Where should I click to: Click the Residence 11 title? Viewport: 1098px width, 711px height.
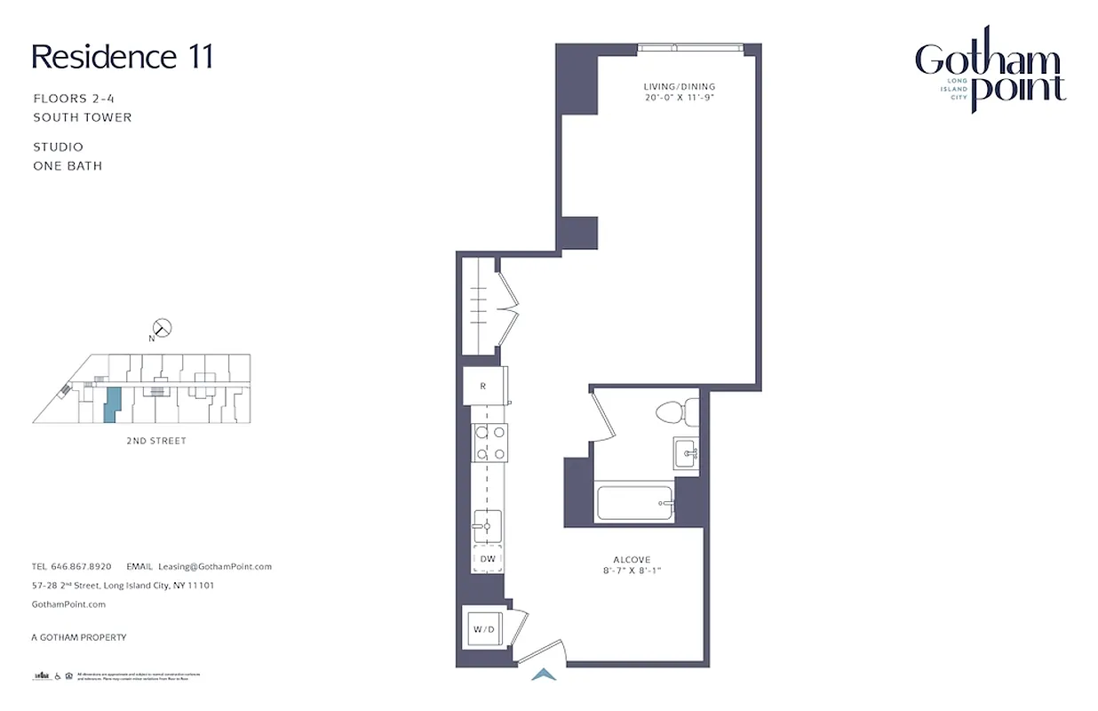tap(123, 57)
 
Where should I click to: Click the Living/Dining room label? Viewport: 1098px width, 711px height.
tap(680, 86)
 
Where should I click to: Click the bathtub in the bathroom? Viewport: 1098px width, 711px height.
tap(634, 503)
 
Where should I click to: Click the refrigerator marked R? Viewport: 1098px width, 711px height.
tap(483, 387)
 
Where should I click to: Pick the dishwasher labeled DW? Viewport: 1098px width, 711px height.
tap(487, 558)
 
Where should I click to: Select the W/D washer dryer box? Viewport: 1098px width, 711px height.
tap(484, 629)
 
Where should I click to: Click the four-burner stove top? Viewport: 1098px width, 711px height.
tap(489, 443)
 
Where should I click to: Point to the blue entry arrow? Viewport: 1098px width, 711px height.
tap(543, 675)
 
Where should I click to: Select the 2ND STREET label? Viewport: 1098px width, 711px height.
tap(156, 441)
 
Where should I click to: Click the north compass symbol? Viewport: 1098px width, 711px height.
tap(162, 328)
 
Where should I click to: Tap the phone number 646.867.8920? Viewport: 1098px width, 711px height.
tap(81, 566)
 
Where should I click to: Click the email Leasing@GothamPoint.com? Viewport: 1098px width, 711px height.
tap(215, 566)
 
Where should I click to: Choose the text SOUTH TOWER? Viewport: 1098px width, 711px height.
tap(83, 117)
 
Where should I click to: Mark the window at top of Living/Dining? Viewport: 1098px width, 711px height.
tap(688, 47)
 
